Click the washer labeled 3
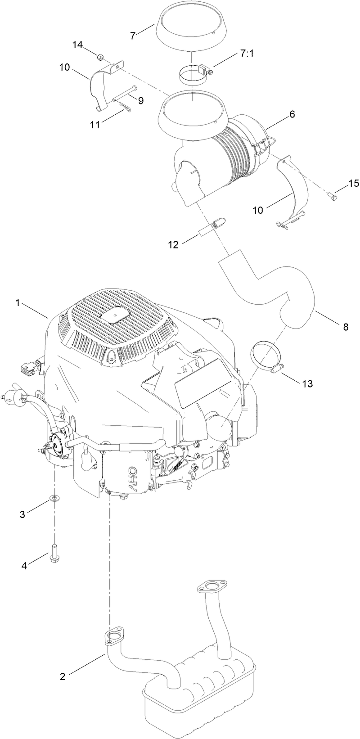click(54, 498)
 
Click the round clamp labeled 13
click(265, 355)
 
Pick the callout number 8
click(345, 327)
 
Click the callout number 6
click(292, 114)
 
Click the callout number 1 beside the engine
click(18, 303)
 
